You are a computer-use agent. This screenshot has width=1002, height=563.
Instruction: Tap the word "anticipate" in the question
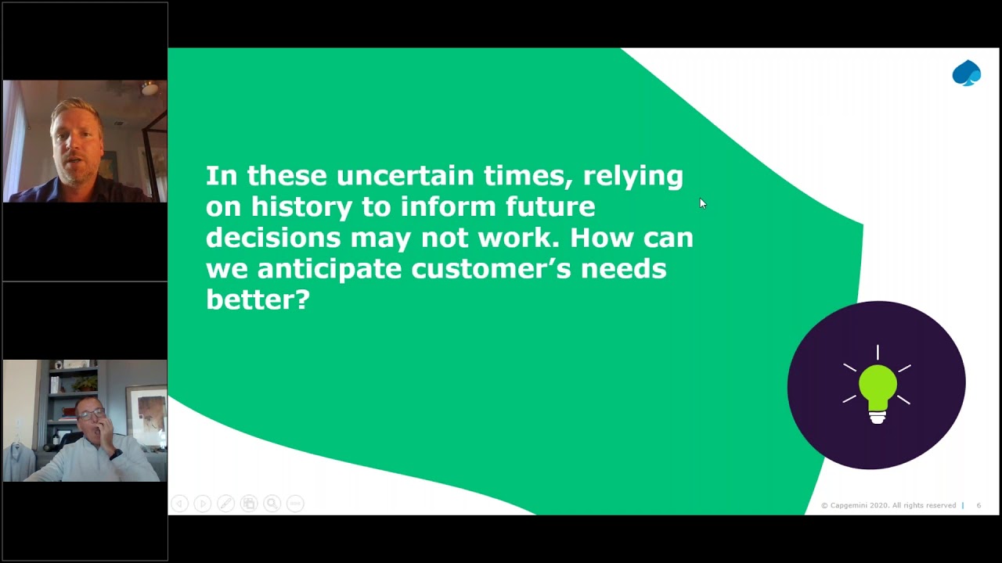click(x=329, y=269)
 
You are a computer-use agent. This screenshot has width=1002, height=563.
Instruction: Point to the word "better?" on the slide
click(x=258, y=299)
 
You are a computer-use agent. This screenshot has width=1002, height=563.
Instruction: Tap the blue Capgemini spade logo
click(x=966, y=73)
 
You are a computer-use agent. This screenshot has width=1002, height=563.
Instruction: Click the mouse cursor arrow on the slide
click(x=702, y=203)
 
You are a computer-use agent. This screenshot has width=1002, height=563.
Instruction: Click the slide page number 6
click(x=979, y=506)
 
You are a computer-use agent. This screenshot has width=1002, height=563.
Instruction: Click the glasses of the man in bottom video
click(x=91, y=414)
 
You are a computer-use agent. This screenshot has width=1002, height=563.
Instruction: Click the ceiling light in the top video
click(x=150, y=88)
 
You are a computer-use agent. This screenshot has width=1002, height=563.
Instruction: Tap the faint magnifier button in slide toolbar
click(x=272, y=504)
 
